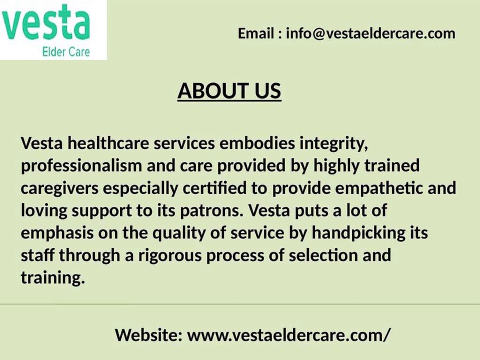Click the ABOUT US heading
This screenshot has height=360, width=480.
pyautogui.click(x=229, y=91)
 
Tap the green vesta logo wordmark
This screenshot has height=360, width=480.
pyautogui.click(x=45, y=23)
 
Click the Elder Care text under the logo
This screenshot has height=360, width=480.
pyautogui.click(x=66, y=51)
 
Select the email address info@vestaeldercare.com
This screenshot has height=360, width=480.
pyautogui.click(x=370, y=33)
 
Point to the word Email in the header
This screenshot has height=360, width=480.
pyautogui.click(x=256, y=33)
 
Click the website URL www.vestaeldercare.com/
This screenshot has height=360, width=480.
pyautogui.click(x=289, y=335)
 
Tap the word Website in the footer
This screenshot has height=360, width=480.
pyautogui.click(x=149, y=335)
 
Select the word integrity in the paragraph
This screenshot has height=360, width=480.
pyautogui.click(x=333, y=144)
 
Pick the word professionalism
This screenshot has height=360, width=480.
pyautogui.click(x=81, y=166)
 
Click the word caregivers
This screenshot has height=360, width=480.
pyautogui.click(x=59, y=188)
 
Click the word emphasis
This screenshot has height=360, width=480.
pyautogui.click(x=57, y=233)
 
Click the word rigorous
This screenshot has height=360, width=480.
pyautogui.click(x=170, y=256)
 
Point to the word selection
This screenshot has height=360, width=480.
pyautogui.click(x=323, y=255)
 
